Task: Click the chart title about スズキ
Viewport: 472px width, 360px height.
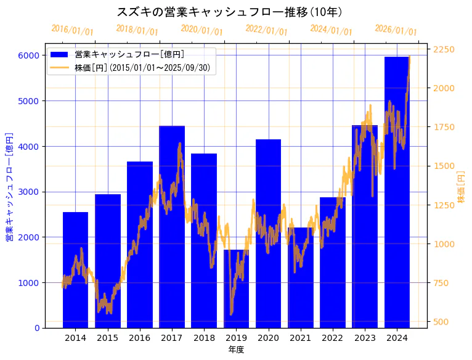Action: [230, 12]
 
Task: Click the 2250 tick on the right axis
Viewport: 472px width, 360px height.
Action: [444, 49]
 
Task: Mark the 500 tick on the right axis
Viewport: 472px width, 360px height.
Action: [442, 322]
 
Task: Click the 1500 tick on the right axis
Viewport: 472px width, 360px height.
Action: [444, 166]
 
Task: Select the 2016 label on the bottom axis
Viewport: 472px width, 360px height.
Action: [140, 338]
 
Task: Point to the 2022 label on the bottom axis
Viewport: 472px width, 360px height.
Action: [333, 338]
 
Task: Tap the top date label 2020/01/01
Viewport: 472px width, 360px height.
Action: [201, 30]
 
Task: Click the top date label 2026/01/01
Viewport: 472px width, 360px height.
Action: [396, 30]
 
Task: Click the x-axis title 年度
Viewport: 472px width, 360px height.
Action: [236, 350]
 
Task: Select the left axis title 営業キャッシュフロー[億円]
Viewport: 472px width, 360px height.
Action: [9, 186]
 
